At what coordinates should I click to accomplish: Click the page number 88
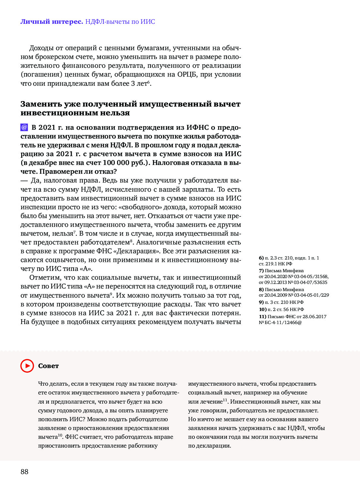(24, 471)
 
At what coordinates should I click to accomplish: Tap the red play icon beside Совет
(27, 366)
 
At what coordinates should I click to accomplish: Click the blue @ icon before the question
(24, 127)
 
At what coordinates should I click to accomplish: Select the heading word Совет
(48, 366)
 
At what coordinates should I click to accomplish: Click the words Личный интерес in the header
(52, 22)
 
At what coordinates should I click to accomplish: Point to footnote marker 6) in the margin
(261, 258)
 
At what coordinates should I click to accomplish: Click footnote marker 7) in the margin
(261, 271)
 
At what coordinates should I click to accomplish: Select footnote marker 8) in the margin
(261, 289)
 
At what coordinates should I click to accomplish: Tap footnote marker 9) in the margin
(261, 302)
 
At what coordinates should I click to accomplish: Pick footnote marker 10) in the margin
(262, 309)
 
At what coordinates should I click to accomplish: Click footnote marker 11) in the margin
(262, 317)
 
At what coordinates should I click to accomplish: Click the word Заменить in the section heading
(41, 104)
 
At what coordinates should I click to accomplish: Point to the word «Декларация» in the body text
(141, 251)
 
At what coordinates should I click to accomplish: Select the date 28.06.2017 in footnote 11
(314, 317)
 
